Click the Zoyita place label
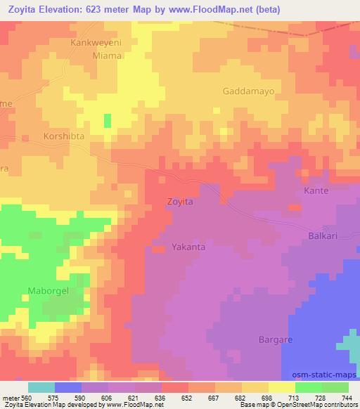click(179, 201)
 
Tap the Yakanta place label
click(188, 247)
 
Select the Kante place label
click(316, 190)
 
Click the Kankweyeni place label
click(96, 43)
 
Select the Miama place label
click(97, 56)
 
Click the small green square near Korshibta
click(108, 121)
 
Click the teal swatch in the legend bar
click(41, 387)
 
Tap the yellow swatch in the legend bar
click(281, 387)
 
